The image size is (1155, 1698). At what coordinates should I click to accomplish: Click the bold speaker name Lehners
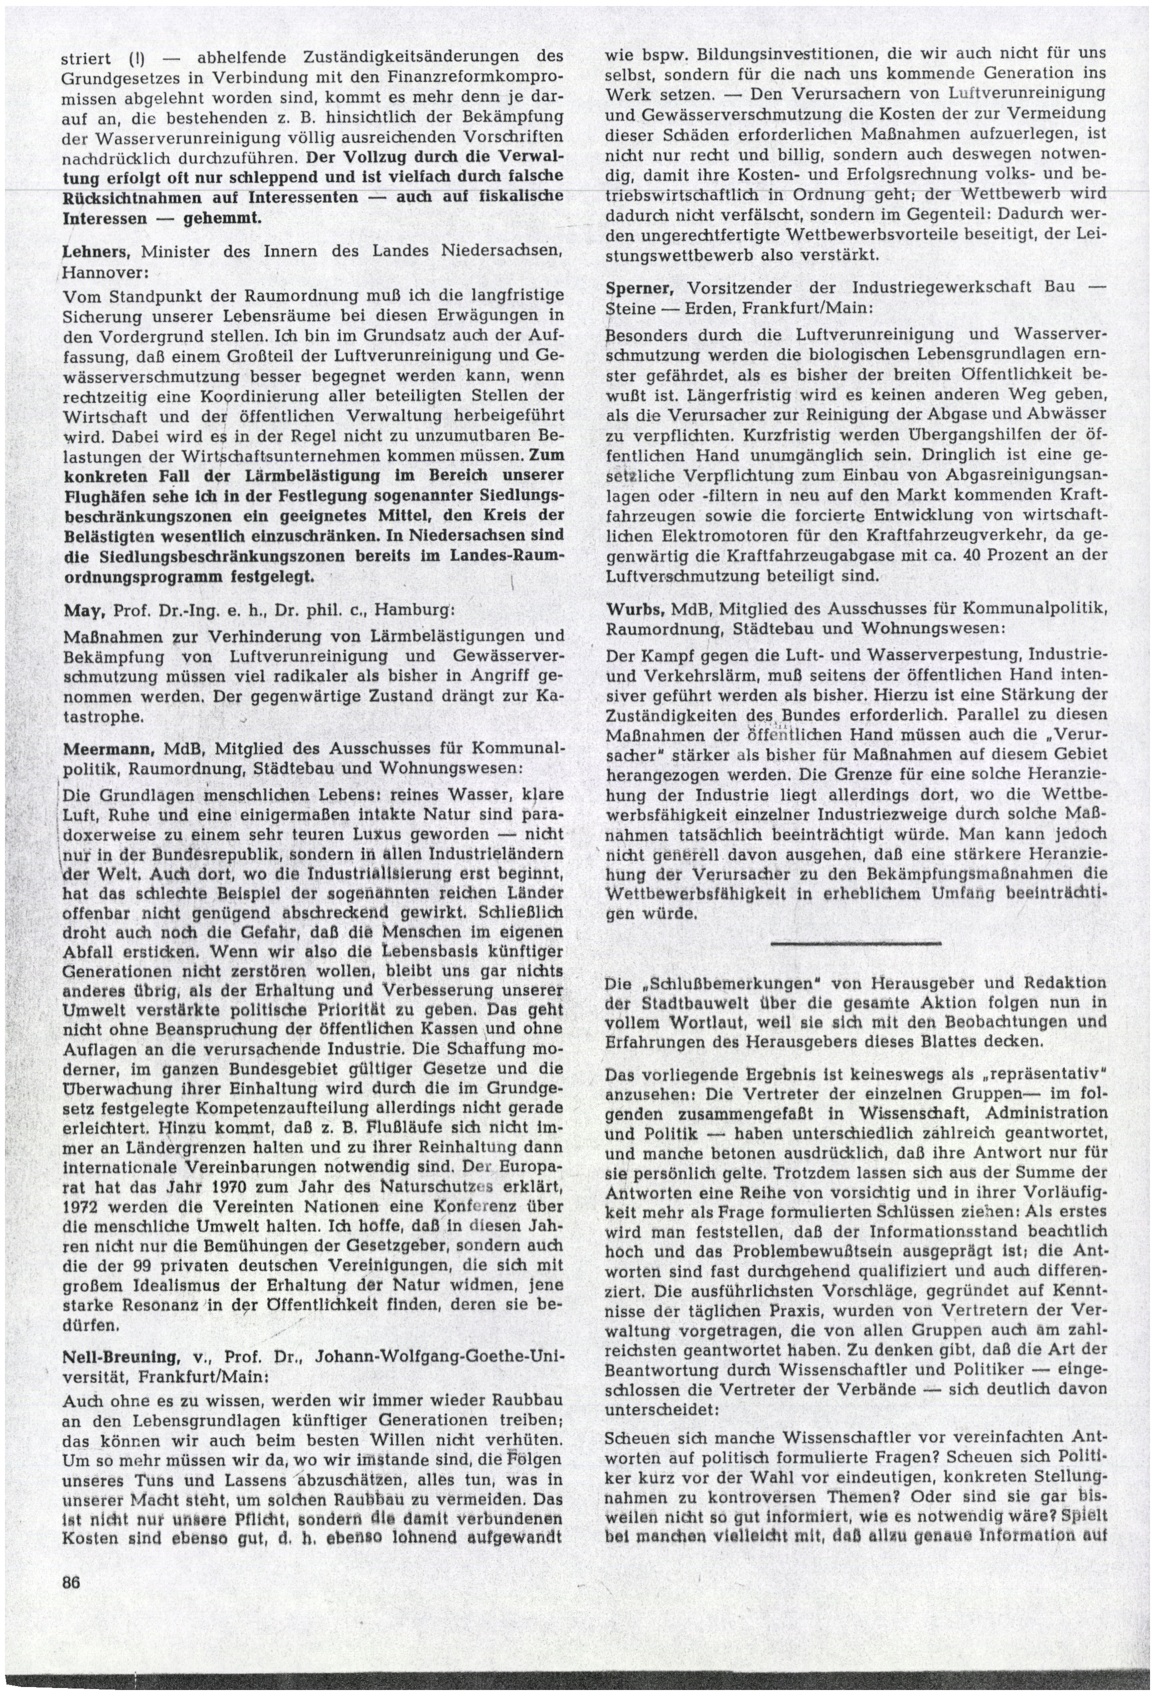pos(96,252)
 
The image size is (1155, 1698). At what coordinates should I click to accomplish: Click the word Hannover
pos(97,272)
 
